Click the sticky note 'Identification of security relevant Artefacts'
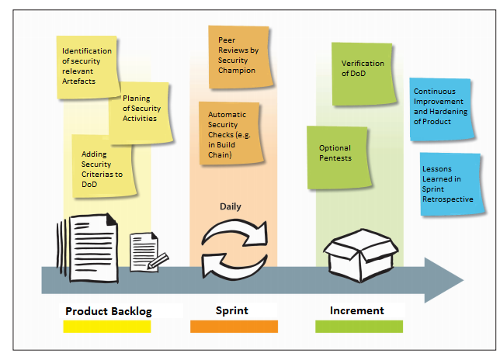point(87,67)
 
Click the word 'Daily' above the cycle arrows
point(231,206)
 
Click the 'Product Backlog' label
point(108,311)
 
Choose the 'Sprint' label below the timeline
point(232,310)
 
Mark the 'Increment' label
point(357,310)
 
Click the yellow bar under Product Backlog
point(107,327)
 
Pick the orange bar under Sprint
point(234,327)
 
